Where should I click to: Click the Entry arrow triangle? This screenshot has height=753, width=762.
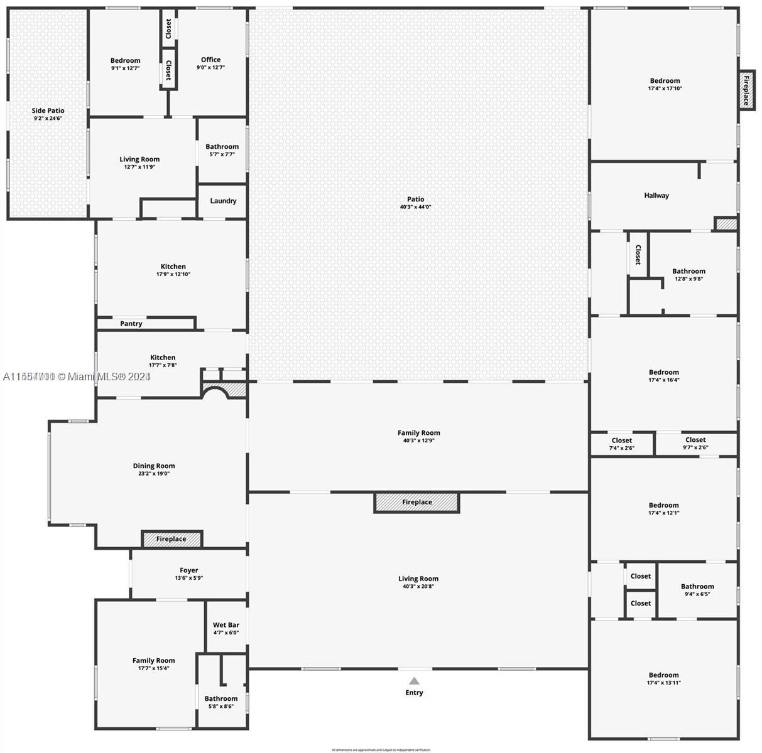pyautogui.click(x=414, y=681)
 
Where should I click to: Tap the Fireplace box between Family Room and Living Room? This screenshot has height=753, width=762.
pyautogui.click(x=417, y=502)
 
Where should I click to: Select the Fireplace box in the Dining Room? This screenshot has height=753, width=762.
pyautogui.click(x=171, y=539)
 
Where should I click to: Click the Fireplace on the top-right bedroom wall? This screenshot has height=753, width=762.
pyautogui.click(x=746, y=90)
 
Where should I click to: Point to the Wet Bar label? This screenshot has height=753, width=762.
pyautogui.click(x=226, y=625)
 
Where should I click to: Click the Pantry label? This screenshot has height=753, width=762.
pyautogui.click(x=131, y=324)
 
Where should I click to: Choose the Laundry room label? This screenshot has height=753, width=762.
pyautogui.click(x=223, y=201)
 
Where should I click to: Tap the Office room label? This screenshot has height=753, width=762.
pyautogui.click(x=210, y=60)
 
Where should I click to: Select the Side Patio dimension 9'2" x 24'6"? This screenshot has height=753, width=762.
pyautogui.click(x=48, y=118)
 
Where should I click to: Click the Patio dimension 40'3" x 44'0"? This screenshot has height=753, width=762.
pyautogui.click(x=416, y=207)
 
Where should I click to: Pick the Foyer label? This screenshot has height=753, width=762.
pyautogui.click(x=189, y=570)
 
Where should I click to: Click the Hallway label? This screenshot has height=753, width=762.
pyautogui.click(x=656, y=195)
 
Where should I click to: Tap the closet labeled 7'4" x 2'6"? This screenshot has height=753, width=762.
pyautogui.click(x=621, y=444)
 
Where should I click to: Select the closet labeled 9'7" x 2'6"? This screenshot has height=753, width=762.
pyautogui.click(x=695, y=444)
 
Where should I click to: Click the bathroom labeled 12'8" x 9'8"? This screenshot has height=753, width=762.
pyautogui.click(x=689, y=275)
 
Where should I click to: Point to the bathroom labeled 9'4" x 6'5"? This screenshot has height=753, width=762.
pyautogui.click(x=697, y=590)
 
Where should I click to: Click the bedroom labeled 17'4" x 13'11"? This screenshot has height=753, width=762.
pyautogui.click(x=664, y=678)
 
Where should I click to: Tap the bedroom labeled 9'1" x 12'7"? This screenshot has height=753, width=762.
pyautogui.click(x=125, y=64)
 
